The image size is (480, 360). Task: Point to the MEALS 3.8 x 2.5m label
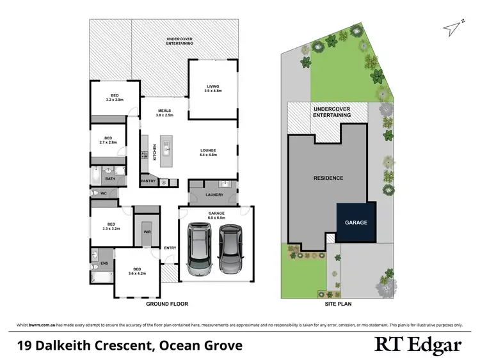164,113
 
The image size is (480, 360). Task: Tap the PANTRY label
148,181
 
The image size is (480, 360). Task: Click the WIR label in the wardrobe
146,232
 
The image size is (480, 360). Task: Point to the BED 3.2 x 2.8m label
114,98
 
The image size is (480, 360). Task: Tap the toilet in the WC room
95,192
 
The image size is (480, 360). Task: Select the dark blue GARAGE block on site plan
356,223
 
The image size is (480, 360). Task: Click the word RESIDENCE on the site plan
328,178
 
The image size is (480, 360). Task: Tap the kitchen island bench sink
165,151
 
